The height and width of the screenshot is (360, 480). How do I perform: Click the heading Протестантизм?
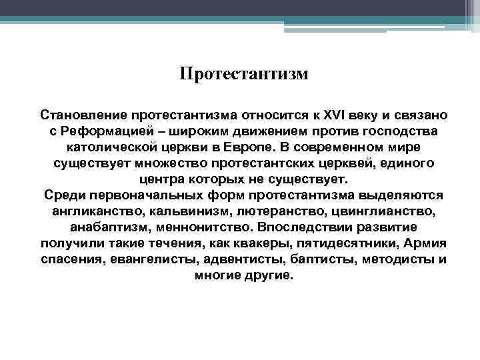pos(244,73)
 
